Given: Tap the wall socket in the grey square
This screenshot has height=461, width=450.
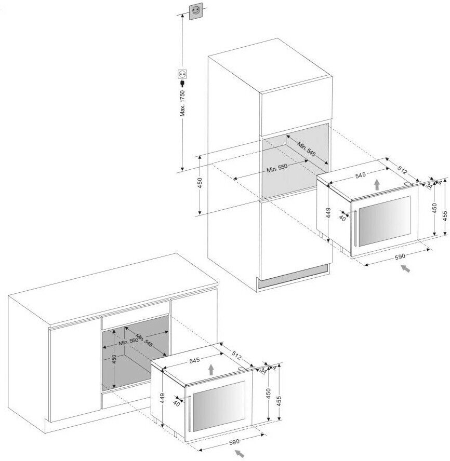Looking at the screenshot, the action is pos(196,10).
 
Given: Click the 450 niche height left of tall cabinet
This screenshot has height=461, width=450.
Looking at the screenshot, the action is pos(200,184).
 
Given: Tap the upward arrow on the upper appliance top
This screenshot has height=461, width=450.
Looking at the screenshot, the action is pos(377,185).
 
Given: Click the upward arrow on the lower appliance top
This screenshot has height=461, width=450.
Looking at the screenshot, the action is pos(210,369).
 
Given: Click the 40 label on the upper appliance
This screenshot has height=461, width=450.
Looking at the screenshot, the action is pos(341,218).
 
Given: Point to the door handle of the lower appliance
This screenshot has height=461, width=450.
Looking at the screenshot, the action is pos(190,413).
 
